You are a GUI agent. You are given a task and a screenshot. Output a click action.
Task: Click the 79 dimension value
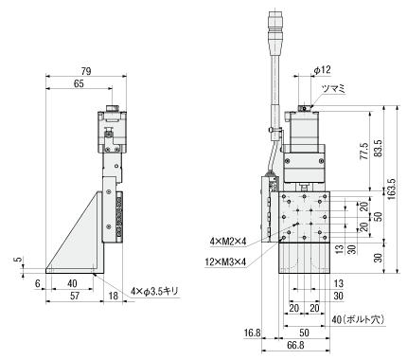85,71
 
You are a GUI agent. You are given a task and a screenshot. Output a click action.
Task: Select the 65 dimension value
79,84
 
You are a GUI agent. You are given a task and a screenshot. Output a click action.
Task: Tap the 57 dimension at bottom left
75,296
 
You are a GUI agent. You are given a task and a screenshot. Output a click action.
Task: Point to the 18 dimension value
113,296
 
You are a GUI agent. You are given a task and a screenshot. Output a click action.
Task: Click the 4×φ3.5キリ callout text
155,291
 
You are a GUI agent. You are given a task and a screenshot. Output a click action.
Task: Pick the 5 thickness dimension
19,260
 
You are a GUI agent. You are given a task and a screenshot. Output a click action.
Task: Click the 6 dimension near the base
37,283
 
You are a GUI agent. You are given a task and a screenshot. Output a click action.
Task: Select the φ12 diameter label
322,70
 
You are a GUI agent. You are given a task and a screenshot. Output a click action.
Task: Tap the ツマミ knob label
333,89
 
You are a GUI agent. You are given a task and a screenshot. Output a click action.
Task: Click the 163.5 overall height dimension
391,189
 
